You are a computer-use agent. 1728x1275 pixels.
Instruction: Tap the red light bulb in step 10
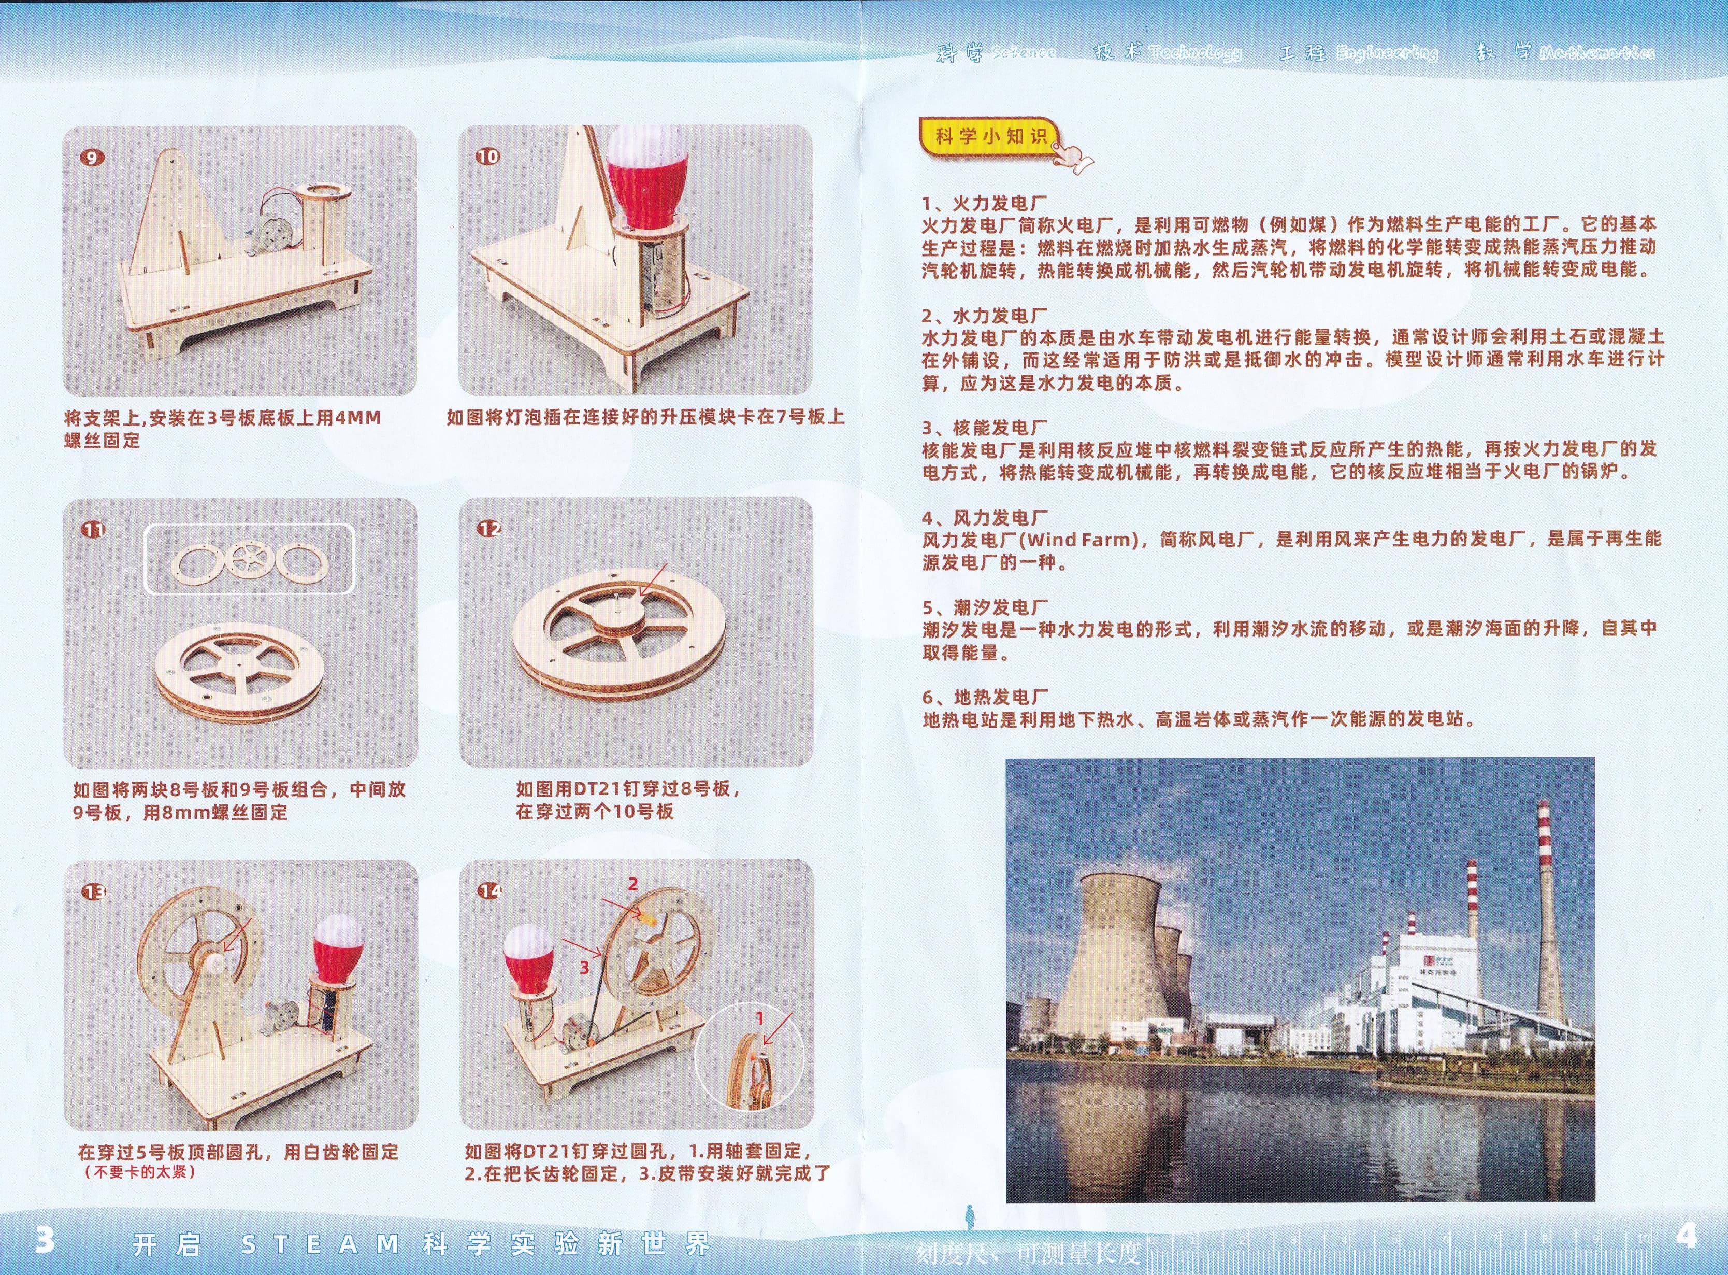pyautogui.click(x=647, y=181)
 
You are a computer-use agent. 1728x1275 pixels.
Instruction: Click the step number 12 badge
pyautogui.click(x=489, y=529)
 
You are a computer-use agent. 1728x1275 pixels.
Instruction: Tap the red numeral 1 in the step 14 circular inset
pyautogui.click(x=759, y=1019)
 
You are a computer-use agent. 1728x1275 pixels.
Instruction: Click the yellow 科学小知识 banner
pyautogui.click(x=990, y=137)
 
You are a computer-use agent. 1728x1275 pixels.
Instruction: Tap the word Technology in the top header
pyautogui.click(x=1195, y=52)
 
